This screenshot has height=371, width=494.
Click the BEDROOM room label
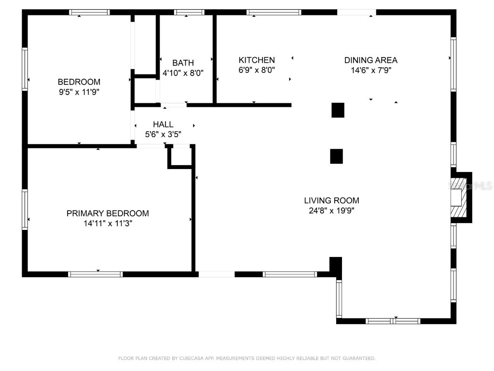(x=79, y=82)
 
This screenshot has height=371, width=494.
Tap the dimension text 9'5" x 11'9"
(x=79, y=91)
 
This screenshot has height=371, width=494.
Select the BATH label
(x=183, y=63)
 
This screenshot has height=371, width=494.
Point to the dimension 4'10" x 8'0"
(x=183, y=73)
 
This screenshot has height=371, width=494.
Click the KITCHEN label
(x=257, y=60)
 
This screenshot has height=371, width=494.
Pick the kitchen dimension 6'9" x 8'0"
(x=257, y=70)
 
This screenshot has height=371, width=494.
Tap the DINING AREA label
(x=370, y=60)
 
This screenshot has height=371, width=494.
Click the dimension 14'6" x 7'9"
(x=370, y=70)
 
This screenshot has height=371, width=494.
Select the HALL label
(x=163, y=125)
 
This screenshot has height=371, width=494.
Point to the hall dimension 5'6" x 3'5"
(x=163, y=134)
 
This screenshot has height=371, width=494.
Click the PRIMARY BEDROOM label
(x=108, y=213)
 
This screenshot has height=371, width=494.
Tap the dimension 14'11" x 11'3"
(x=108, y=223)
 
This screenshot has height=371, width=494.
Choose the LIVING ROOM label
(x=331, y=200)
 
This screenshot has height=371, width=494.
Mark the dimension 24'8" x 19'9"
(x=331, y=210)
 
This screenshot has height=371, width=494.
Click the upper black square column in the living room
(x=338, y=110)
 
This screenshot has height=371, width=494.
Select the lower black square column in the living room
(x=336, y=156)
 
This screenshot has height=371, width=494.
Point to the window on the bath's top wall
(x=189, y=12)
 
